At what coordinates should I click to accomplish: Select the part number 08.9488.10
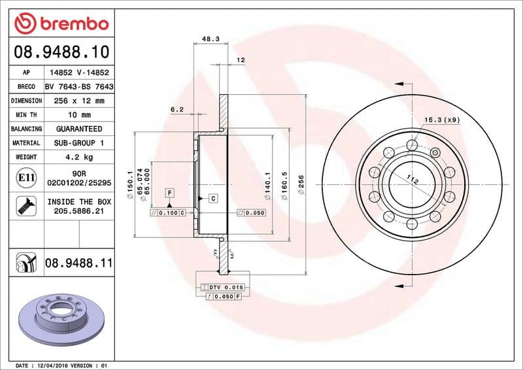(x=61, y=51)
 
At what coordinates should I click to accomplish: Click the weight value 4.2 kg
(x=79, y=157)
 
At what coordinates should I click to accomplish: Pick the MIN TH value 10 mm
(x=79, y=115)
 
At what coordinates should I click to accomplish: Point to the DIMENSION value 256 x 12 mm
(x=79, y=101)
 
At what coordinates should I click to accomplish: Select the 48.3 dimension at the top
(x=210, y=39)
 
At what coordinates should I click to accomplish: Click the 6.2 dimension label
(x=177, y=110)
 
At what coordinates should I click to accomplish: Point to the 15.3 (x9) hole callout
(x=442, y=120)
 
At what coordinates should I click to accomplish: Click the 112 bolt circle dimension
(x=411, y=180)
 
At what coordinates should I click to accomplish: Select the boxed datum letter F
(x=169, y=192)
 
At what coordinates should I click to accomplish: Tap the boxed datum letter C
(x=213, y=197)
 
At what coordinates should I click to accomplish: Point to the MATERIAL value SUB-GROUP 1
(x=79, y=143)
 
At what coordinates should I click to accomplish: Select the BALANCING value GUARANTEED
(x=79, y=129)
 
